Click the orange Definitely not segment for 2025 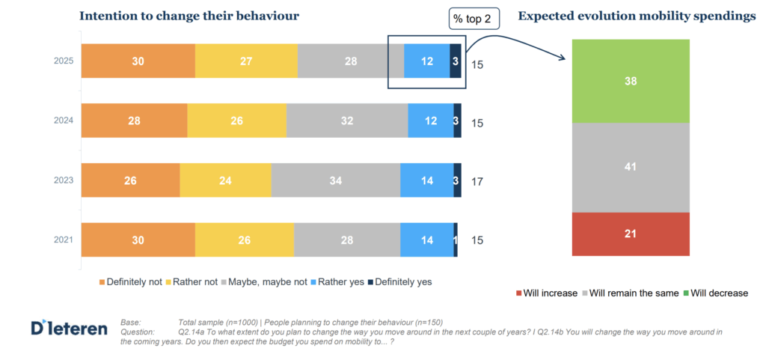[138, 61]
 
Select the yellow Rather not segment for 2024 [236, 120]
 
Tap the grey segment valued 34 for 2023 [335, 180]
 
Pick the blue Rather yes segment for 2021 [426, 240]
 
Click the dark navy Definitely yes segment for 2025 [455, 61]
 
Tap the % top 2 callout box [473, 19]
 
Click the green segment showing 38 [630, 81]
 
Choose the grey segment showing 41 [630, 167]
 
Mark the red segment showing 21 [630, 234]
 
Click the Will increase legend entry [546, 293]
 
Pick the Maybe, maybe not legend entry [273, 282]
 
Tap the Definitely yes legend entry [399, 282]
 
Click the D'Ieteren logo [69, 328]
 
